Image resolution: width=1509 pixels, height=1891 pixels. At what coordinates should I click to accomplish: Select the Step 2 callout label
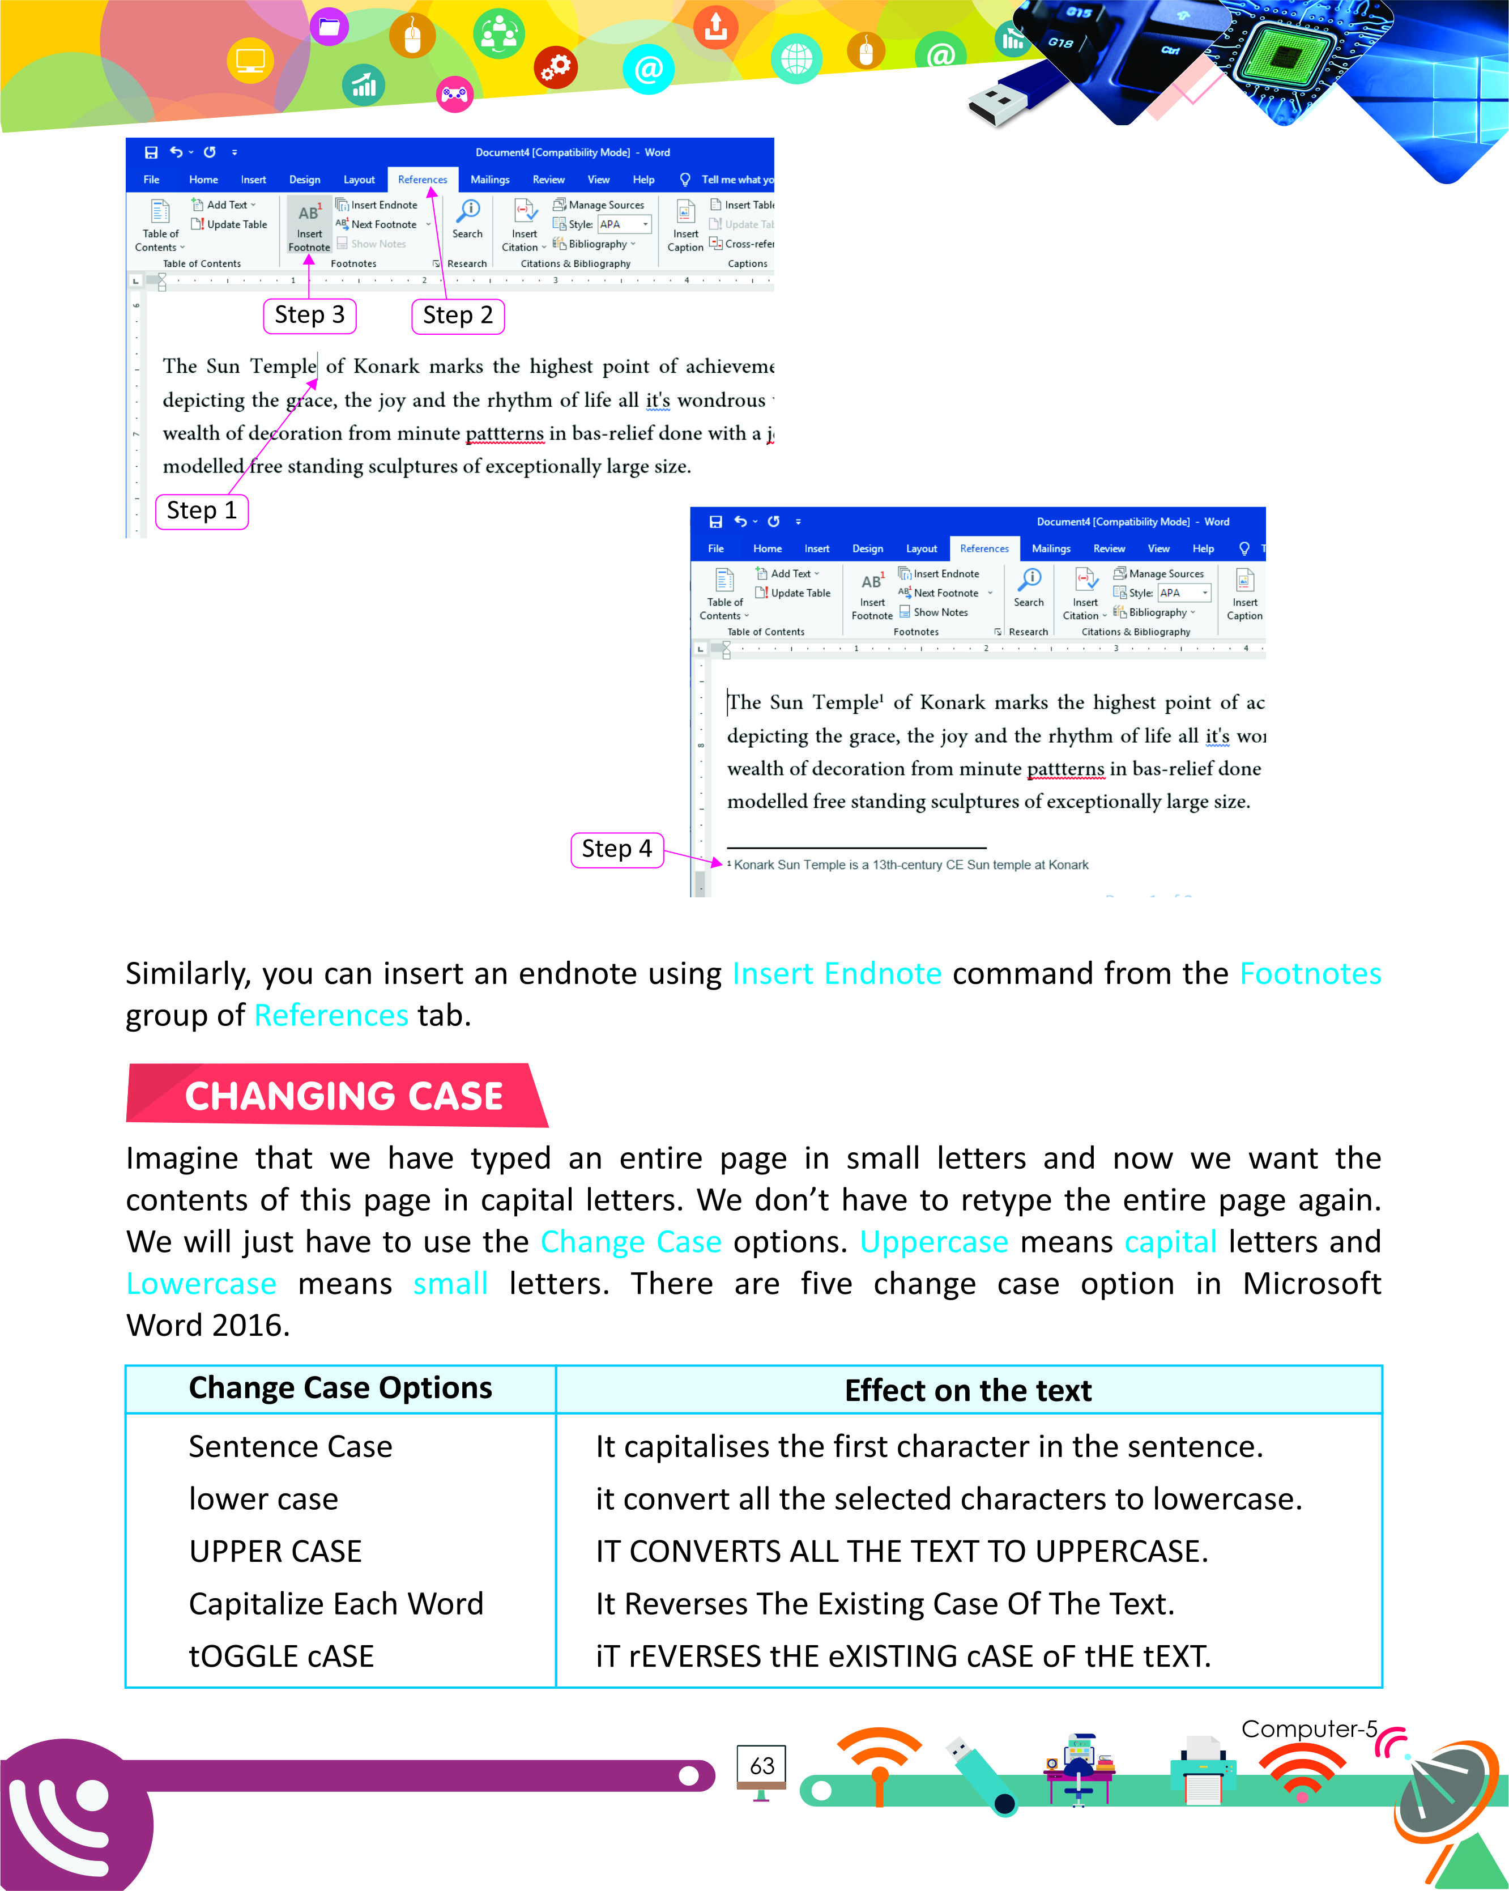click(x=458, y=316)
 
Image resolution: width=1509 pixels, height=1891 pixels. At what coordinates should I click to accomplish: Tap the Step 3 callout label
click(x=309, y=316)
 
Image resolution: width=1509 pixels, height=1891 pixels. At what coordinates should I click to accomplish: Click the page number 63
click(x=762, y=1766)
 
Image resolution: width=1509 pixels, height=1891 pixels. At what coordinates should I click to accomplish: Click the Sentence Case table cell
click(x=290, y=1446)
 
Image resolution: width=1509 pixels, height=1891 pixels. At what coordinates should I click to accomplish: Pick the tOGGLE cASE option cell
click(x=282, y=1656)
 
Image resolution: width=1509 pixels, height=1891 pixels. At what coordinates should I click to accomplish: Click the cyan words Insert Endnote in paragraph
click(x=837, y=974)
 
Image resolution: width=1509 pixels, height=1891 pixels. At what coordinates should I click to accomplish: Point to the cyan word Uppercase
click(x=934, y=1242)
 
